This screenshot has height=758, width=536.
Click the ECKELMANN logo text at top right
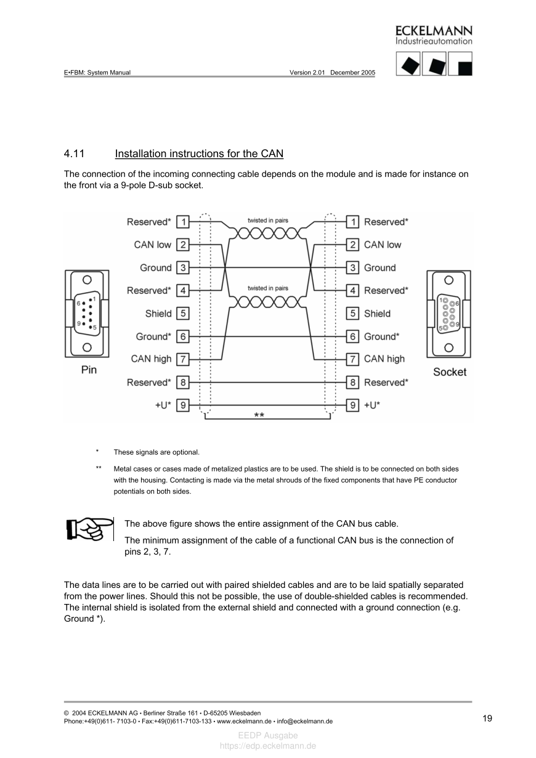[434, 31]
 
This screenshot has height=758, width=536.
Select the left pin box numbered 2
[183, 245]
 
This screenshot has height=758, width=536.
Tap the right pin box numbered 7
[352, 359]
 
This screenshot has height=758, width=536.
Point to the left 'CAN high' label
[151, 359]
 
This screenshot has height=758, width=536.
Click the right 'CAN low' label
[382, 245]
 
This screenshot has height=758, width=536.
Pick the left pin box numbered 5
[183, 314]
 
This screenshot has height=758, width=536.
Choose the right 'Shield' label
[377, 314]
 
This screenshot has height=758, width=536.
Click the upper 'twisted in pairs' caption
[267, 221]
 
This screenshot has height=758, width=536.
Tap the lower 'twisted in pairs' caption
[267, 288]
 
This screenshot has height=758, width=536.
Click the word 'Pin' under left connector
[89, 370]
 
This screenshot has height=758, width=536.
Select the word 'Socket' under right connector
[450, 372]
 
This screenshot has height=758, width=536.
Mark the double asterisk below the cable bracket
[259, 416]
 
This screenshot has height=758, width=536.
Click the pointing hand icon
[90, 529]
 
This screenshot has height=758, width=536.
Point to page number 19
[487, 718]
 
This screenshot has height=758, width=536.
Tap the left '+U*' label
[163, 405]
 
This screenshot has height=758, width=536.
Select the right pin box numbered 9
[352, 405]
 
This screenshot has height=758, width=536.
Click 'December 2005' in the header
[352, 72]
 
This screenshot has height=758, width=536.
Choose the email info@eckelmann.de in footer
[305, 720]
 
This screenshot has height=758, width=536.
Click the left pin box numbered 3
[183, 267]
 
